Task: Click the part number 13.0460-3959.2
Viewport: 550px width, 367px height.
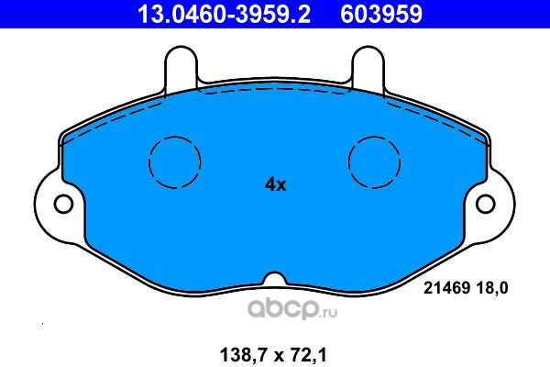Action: point(224,14)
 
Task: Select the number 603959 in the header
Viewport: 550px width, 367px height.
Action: point(381,14)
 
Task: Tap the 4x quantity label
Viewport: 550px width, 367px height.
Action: point(275,184)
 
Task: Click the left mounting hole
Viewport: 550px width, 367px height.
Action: point(64,204)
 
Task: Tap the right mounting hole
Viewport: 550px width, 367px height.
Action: point(486,204)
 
